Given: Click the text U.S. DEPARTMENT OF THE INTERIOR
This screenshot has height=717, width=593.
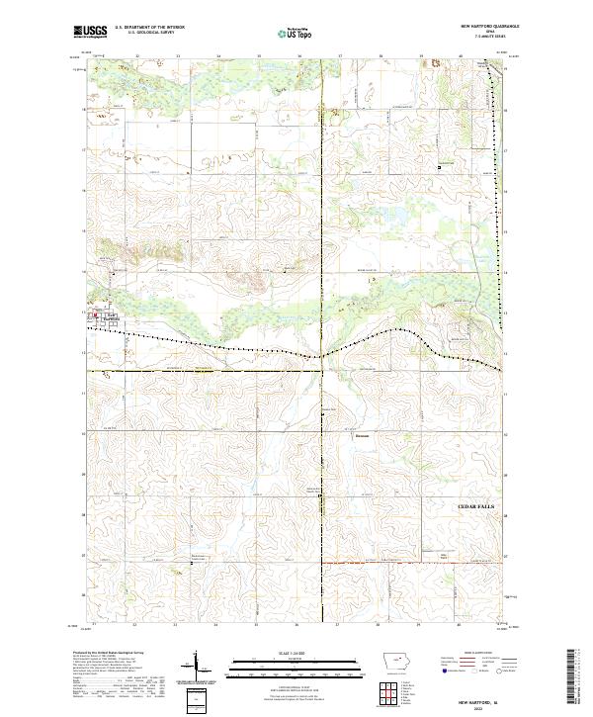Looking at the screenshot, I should [x=150, y=28].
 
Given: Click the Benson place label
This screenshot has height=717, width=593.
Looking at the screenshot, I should [x=362, y=433].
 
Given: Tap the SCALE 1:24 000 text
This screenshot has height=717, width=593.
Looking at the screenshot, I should [x=296, y=655].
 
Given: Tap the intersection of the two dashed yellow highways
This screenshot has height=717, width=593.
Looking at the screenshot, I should [x=323, y=371].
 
